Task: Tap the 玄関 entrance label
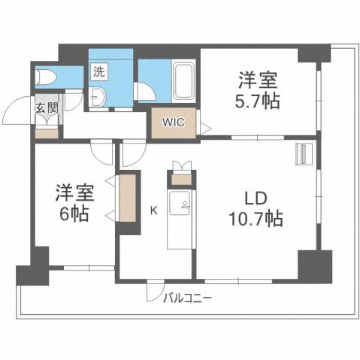click(46, 107)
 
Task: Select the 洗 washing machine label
click(99, 73)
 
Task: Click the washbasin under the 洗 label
click(100, 97)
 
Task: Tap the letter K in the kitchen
click(154, 210)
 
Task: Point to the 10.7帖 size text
click(256, 220)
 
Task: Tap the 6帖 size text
click(74, 213)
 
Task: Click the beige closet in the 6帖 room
click(129, 198)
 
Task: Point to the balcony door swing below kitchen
click(154, 290)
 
